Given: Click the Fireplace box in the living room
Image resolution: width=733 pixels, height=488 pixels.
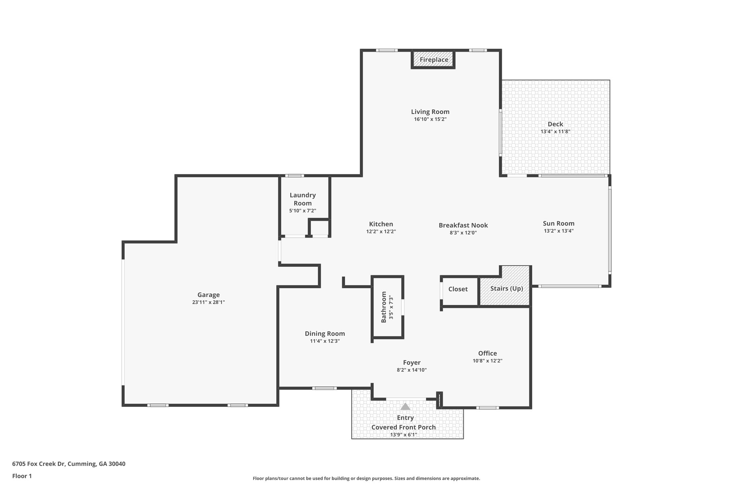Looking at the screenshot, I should [433, 60].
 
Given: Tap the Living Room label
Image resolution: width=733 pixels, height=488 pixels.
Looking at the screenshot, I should [430, 112].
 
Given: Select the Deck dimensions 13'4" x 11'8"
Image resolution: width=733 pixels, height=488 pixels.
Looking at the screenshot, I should [555, 132].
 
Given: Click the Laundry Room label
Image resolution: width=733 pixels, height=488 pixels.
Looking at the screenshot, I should [302, 199].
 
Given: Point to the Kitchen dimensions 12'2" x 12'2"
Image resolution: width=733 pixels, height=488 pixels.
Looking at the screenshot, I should [381, 232].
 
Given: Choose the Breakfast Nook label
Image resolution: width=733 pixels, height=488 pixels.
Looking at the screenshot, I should [463, 225].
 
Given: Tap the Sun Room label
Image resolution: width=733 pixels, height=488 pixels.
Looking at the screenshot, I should [558, 223].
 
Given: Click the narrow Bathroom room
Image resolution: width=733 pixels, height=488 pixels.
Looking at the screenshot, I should [387, 307].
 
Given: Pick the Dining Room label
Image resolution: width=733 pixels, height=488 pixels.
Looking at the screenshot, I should [325, 334].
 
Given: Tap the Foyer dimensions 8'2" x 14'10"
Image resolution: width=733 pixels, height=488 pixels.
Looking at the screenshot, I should [412, 370].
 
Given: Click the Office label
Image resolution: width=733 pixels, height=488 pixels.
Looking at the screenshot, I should [487, 354].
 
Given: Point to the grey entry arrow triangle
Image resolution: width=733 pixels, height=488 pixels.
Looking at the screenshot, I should [405, 406].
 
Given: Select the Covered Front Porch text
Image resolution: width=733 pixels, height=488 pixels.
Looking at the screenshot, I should [403, 427].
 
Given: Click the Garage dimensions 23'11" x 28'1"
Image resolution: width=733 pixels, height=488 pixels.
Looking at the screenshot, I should [208, 302].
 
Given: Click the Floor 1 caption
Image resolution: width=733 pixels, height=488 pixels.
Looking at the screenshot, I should [22, 476].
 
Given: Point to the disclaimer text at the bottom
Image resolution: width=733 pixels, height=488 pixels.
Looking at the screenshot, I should [366, 478].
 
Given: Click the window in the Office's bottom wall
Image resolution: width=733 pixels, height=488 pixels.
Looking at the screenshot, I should [487, 408].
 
